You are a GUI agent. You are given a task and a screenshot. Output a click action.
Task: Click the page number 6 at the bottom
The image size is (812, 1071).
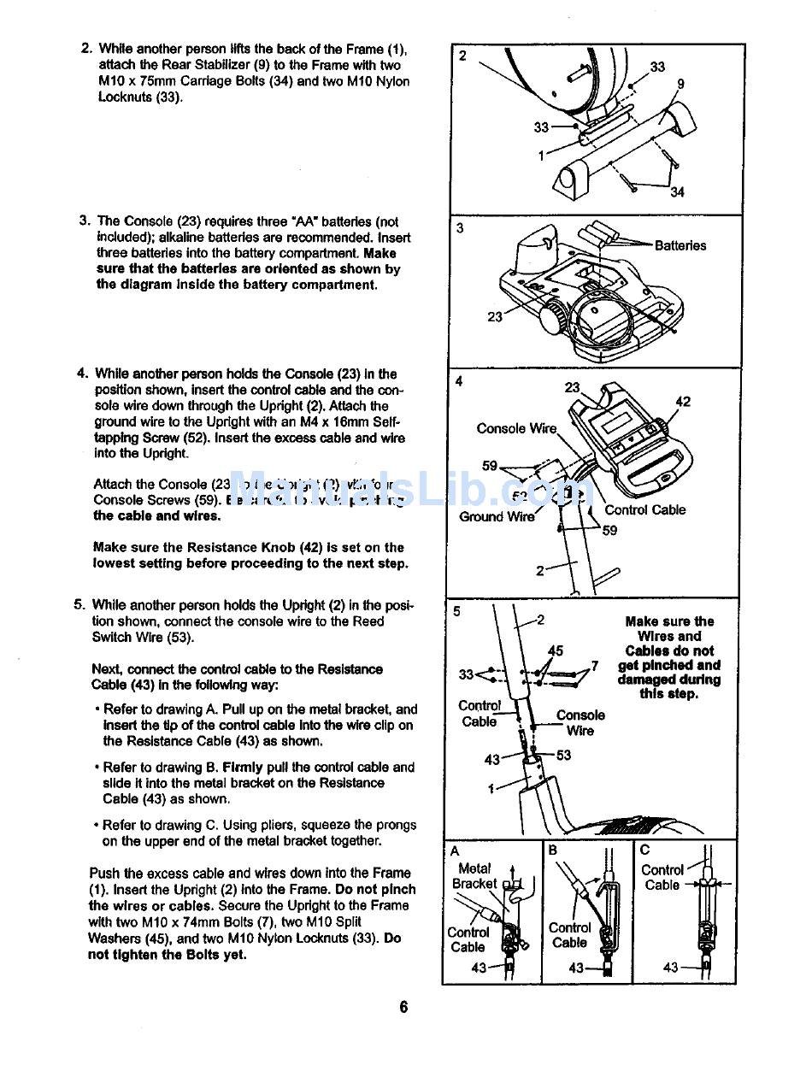(x=403, y=1006)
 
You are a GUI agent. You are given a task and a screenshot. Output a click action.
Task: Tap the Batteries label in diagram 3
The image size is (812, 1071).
(x=680, y=246)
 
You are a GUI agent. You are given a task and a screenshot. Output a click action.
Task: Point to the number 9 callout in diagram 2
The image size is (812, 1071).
(x=680, y=84)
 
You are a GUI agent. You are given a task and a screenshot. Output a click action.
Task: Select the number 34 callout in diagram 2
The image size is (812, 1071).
(x=677, y=192)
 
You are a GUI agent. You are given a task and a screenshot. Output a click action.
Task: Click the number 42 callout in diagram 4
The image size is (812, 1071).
(x=683, y=402)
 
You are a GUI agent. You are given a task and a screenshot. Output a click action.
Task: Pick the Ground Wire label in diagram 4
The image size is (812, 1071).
(x=497, y=516)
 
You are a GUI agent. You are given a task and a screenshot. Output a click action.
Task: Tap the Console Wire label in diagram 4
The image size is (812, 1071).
(x=516, y=428)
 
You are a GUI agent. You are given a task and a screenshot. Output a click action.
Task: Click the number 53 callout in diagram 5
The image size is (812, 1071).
(x=563, y=755)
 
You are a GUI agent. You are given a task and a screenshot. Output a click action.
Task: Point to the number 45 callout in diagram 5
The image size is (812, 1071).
(x=556, y=651)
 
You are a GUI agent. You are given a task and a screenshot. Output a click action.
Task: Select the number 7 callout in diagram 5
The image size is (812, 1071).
(x=594, y=665)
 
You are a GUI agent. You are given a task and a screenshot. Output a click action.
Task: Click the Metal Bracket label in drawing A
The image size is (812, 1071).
(x=474, y=876)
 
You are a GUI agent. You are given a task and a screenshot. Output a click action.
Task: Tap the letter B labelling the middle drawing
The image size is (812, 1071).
(x=553, y=850)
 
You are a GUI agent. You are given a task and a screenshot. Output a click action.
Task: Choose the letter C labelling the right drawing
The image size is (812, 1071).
(x=644, y=850)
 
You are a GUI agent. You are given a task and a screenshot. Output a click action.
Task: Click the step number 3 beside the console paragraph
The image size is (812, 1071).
(x=85, y=221)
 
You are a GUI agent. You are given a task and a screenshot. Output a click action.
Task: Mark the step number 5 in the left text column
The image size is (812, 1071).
(x=79, y=605)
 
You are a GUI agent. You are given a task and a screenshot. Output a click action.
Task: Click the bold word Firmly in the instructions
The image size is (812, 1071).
(x=243, y=767)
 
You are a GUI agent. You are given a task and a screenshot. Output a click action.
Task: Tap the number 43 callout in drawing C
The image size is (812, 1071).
(x=670, y=968)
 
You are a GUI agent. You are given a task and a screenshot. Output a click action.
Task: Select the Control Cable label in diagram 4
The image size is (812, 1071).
(x=644, y=510)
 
